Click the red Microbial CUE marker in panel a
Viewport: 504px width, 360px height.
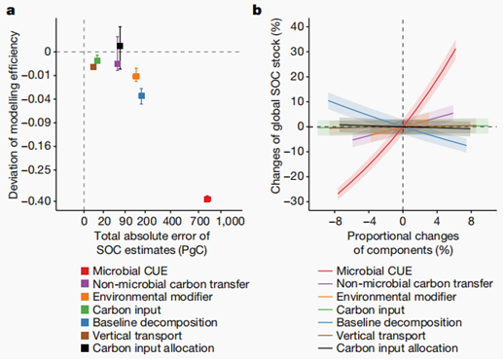(x=207, y=199)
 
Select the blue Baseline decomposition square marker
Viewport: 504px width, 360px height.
(x=141, y=95)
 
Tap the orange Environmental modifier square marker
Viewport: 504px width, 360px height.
(x=136, y=77)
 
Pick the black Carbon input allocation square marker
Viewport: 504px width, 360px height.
(x=120, y=46)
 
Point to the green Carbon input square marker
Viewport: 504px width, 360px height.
(x=97, y=60)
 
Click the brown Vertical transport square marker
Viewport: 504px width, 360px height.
(x=93, y=67)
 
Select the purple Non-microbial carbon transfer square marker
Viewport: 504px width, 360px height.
(x=118, y=64)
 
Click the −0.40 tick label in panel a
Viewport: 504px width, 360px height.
(x=37, y=201)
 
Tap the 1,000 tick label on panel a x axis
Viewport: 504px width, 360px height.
(x=231, y=222)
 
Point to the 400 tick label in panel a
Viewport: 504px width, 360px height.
(x=172, y=222)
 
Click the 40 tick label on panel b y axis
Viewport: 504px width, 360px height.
(x=298, y=26)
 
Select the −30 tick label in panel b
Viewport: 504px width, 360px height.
(x=295, y=201)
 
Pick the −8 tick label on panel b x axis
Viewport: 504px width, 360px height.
(x=336, y=222)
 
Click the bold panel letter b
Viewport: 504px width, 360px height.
(x=257, y=10)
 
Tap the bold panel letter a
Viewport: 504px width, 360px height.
(x=11, y=11)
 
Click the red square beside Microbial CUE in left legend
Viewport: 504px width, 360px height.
(x=85, y=271)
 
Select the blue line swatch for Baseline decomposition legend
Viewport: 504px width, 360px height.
(x=325, y=323)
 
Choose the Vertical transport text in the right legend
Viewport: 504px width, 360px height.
(x=380, y=336)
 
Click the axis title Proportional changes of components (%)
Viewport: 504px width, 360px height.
(x=403, y=243)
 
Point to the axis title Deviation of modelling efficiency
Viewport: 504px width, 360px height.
(x=14, y=115)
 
